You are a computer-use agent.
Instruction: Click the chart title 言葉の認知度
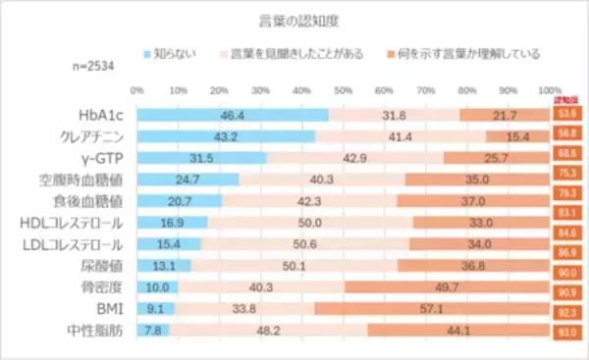pos(294,19)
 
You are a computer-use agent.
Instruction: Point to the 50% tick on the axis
pos(343,91)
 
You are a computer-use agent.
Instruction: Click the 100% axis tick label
pos(551,91)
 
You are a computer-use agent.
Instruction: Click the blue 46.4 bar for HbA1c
pos(233,114)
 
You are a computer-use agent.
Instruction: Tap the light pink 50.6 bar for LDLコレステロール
pos(304,245)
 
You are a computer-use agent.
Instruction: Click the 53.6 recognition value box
pos(567,114)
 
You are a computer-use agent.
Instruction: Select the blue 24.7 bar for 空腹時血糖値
pos(187,180)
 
